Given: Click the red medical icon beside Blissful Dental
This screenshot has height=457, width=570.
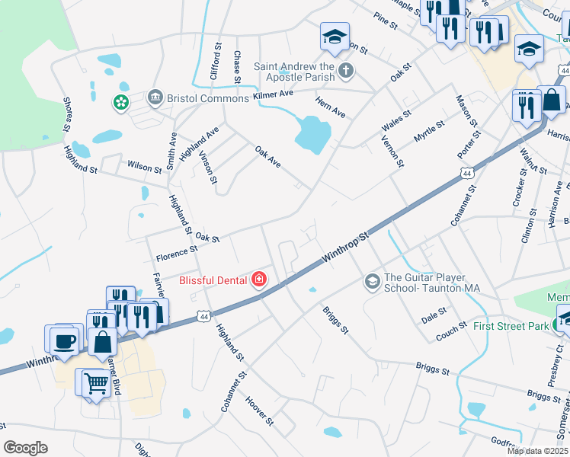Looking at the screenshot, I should click(259, 280).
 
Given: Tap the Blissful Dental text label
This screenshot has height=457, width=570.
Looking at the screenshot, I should click(213, 280).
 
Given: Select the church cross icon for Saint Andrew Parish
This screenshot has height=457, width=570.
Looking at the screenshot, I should click(346, 72).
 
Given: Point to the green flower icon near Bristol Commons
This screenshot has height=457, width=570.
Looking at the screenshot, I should click(120, 101).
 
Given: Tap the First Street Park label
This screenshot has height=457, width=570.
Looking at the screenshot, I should click(511, 326).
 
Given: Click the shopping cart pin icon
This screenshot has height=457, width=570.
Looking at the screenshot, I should click(94, 382).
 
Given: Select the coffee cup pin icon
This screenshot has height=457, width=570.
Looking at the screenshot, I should click(66, 339).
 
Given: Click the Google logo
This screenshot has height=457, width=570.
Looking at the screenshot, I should click(25, 447).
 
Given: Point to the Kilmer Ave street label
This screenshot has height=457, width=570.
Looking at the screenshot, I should click(274, 93).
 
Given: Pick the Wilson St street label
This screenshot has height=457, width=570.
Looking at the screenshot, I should click(140, 165).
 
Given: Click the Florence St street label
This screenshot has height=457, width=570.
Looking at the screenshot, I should click(176, 248).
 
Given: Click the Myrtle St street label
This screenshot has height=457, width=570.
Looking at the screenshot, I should click(428, 130).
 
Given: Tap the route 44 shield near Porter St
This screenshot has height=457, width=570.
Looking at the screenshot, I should click(466, 174).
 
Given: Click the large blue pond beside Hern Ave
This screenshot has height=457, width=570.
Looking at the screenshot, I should click(312, 134).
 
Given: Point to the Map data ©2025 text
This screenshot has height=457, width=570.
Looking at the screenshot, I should click(538, 450).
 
